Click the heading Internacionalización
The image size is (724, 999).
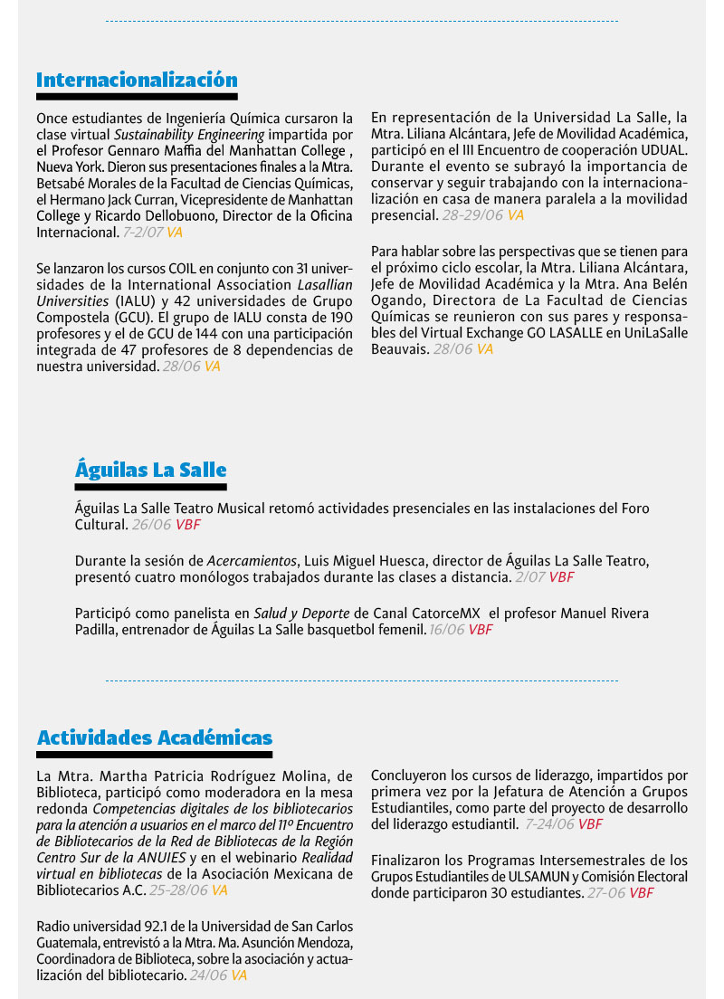coord(137,81)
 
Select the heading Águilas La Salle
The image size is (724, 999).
coord(150,471)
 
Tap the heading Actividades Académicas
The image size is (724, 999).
coord(154,737)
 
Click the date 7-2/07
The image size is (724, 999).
coord(143,233)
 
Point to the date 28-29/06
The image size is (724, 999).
coord(472,215)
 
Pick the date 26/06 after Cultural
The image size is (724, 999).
coord(151,524)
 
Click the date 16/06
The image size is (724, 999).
coord(446,630)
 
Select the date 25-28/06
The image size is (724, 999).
coord(178,890)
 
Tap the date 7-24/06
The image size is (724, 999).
coord(549,824)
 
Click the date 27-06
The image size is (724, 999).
coord(606,893)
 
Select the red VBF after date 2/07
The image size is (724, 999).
coord(561,576)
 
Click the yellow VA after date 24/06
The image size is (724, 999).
coord(239,975)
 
